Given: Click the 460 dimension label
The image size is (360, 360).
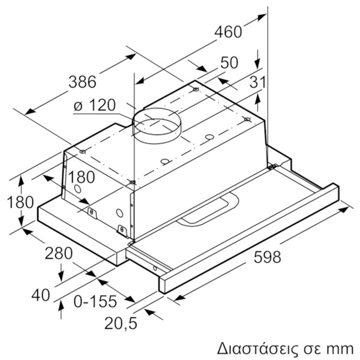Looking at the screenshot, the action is (228, 32).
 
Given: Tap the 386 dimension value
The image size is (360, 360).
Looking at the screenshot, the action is (82, 82).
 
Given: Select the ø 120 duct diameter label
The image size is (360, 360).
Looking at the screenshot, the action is (95, 106).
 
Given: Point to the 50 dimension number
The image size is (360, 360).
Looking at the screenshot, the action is (229, 62).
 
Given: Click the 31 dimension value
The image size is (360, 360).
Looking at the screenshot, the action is (257, 82).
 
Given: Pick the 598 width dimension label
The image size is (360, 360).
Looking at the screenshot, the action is (267, 257).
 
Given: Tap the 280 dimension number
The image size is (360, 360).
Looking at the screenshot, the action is (59, 253).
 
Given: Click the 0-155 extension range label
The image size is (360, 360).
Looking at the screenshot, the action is (95, 301).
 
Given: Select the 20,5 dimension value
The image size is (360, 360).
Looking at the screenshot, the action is (121, 323).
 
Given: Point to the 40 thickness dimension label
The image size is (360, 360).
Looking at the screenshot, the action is (41, 295).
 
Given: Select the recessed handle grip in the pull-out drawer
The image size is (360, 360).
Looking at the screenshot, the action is (208, 209).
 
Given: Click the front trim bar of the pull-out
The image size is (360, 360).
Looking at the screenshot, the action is (249, 238).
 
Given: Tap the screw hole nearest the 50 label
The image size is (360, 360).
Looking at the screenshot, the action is (196, 89).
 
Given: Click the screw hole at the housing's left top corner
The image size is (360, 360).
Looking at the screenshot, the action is (83, 152).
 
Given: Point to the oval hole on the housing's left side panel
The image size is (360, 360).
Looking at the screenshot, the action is (77, 189).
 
